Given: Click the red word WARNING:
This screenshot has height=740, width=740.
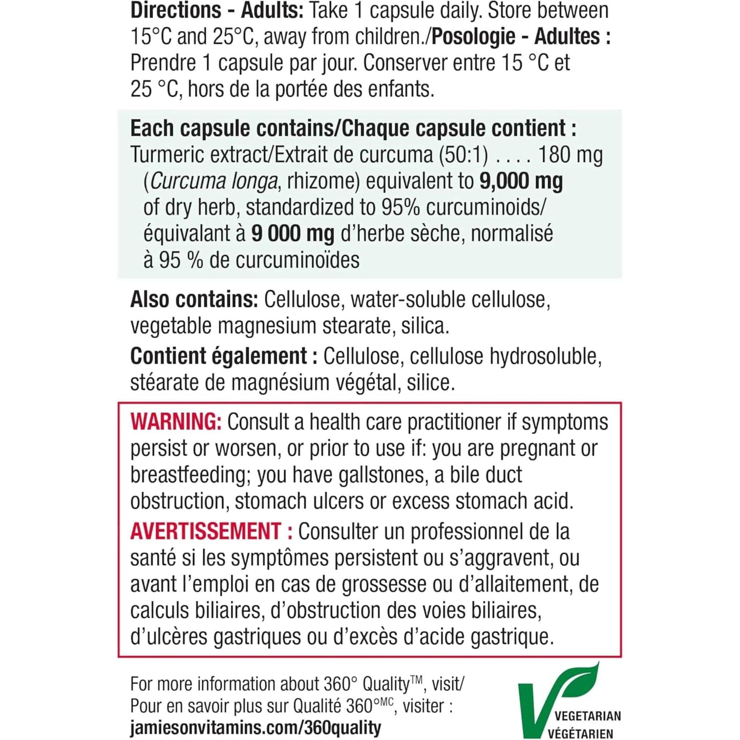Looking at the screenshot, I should click(176, 422).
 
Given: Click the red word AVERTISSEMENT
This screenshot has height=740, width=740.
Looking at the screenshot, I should click(205, 531).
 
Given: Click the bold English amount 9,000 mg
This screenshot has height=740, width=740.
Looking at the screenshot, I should click(521, 181).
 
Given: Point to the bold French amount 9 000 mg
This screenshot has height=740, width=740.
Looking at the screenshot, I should click(292, 234).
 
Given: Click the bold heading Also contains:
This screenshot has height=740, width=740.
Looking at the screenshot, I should click(194, 300).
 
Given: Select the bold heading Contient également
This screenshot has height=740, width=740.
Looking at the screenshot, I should click(219, 356).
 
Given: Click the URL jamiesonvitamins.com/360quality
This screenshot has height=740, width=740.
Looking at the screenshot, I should click(256, 728).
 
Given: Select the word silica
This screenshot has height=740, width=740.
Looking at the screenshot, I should click(425, 326).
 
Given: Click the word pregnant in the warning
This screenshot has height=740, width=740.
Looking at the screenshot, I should click(537, 449).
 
